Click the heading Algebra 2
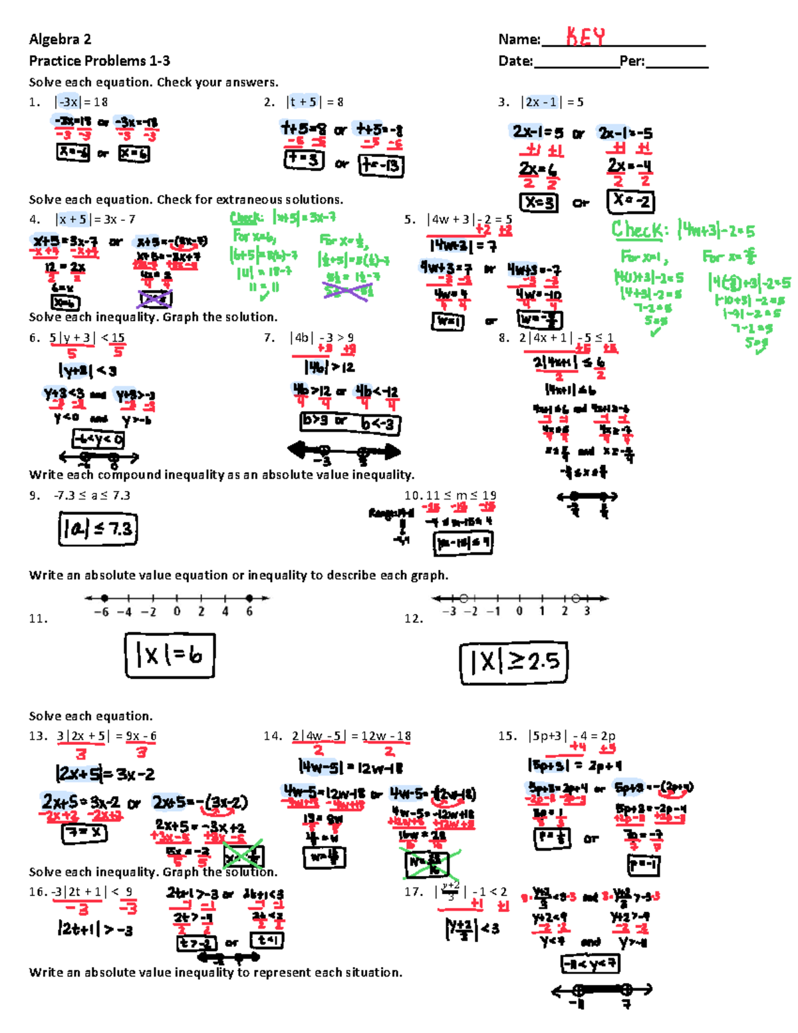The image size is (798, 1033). coord(60,39)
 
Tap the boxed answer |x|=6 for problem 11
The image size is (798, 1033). coord(170,655)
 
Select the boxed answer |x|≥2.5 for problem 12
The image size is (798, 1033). coord(513,662)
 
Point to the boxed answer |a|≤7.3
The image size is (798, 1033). coord(98,529)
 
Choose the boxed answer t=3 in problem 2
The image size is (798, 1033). coord(304,160)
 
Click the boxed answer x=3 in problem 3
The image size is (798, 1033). coord(539,202)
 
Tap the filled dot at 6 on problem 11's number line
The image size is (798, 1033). coord(249,598)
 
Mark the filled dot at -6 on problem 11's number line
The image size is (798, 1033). coord(104,598)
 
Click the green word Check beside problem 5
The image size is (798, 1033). coord(637,230)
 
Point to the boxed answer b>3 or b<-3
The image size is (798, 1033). coord(350,422)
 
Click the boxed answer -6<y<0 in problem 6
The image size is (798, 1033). coord(98,439)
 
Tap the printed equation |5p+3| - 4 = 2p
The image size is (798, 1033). coord(572,736)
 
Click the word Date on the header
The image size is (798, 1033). coord(515,61)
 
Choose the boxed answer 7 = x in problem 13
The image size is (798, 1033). coord(84,833)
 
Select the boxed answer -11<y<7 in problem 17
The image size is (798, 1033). coord(591,963)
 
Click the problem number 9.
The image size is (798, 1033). coord(34,496)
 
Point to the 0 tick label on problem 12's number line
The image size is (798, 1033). coord(519,611)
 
